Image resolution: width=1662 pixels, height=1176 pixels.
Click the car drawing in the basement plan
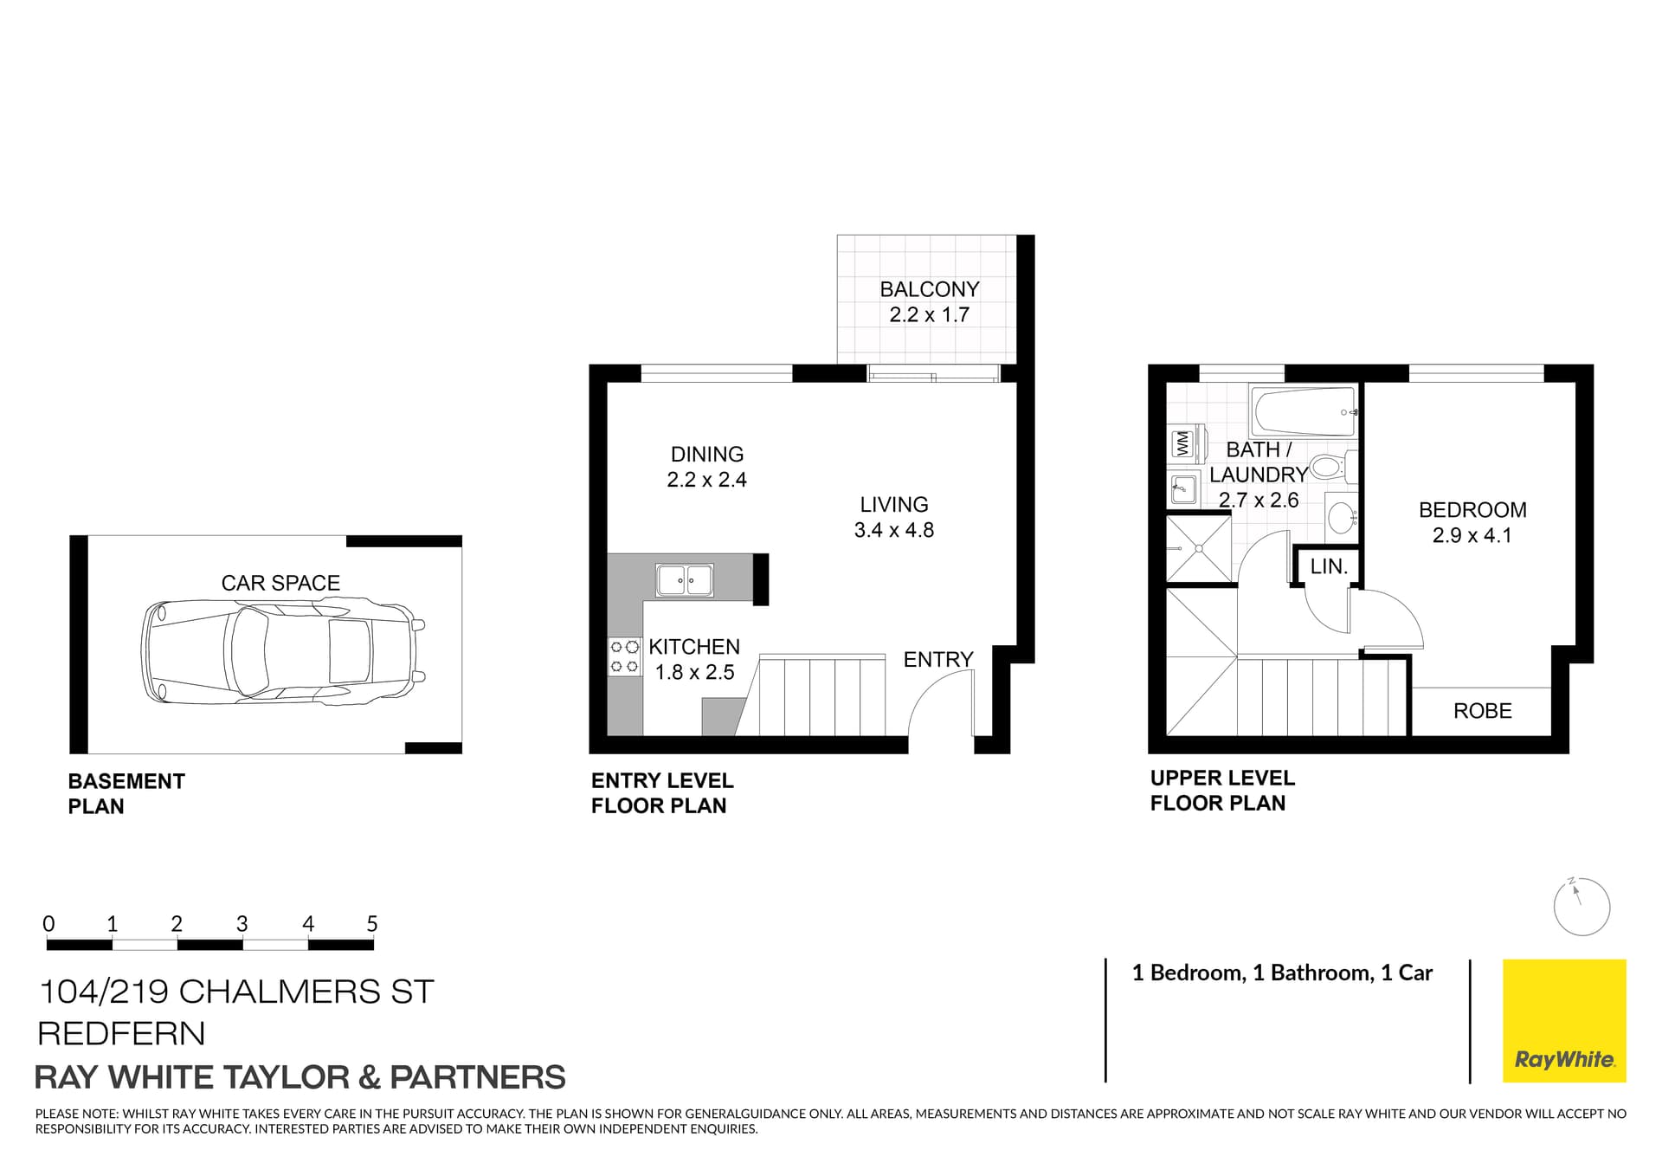(x=283, y=650)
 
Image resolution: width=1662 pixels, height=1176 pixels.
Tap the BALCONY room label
(x=930, y=289)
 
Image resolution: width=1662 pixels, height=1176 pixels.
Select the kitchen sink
(x=685, y=580)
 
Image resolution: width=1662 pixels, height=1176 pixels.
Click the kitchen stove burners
(x=624, y=656)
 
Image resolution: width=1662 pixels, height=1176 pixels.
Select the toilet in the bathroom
(x=1332, y=468)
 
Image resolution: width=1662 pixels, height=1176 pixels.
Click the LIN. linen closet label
(x=1329, y=567)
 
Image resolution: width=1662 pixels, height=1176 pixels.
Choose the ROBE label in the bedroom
(x=1482, y=711)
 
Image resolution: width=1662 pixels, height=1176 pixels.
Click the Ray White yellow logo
(x=1564, y=1021)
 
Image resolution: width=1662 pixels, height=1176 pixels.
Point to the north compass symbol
(x=1581, y=907)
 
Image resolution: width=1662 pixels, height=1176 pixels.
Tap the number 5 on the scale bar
(x=372, y=924)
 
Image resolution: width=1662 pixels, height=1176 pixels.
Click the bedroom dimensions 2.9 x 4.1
(x=1472, y=535)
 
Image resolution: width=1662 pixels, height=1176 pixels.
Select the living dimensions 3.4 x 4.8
(x=894, y=530)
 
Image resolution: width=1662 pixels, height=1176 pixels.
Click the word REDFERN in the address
(x=122, y=1034)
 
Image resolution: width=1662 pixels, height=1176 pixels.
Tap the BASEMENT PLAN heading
(x=126, y=793)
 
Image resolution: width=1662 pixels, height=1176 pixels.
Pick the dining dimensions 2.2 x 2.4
(x=706, y=480)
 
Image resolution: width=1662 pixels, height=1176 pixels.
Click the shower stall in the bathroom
(x=1199, y=548)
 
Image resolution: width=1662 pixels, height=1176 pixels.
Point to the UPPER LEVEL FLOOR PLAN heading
(x=1222, y=791)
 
